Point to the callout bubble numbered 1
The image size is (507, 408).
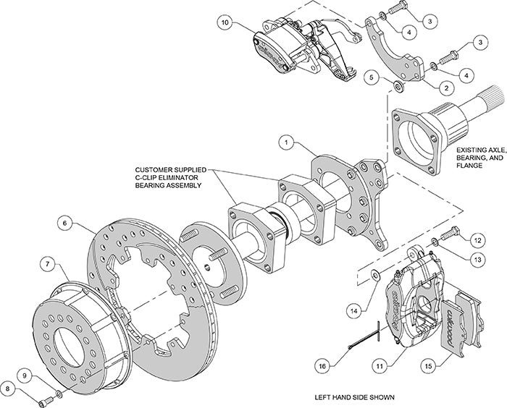289,145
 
